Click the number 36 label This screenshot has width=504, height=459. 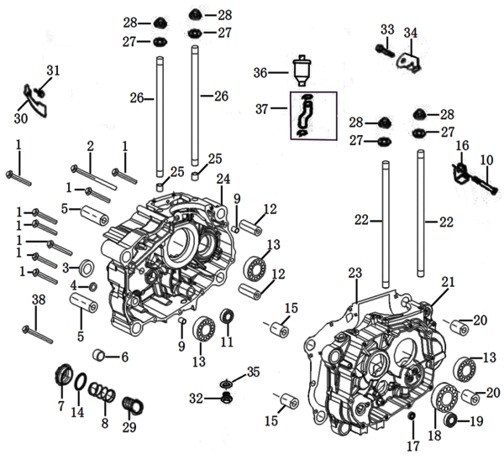(261, 73)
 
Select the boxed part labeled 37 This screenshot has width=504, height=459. (306, 115)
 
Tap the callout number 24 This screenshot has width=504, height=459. (223, 179)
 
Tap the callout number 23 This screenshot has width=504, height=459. (354, 273)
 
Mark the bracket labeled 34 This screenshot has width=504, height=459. (408, 61)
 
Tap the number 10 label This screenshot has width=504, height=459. (486, 160)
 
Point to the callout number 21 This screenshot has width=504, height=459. (448, 283)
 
